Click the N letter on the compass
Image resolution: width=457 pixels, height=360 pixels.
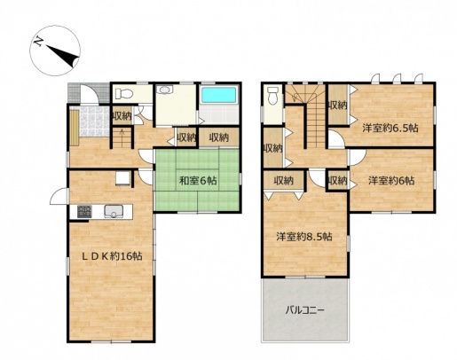coord(38,42)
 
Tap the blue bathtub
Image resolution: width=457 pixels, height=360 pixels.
coord(219,95)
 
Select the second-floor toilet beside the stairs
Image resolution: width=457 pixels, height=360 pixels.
coord(272,96)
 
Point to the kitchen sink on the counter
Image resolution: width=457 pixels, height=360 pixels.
coord(114,211)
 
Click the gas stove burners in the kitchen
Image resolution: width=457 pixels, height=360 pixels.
coord(84,212)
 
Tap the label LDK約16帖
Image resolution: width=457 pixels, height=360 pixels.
coord(112,256)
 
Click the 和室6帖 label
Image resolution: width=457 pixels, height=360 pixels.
coord(198,180)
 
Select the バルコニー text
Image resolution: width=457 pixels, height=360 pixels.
coord(304,310)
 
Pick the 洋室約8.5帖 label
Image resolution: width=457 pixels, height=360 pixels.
coord(303,237)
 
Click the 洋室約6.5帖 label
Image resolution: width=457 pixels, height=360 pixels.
coord(390,128)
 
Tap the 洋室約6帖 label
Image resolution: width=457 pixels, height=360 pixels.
coord(390,180)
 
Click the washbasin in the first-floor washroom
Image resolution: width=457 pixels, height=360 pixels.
coord(163,90)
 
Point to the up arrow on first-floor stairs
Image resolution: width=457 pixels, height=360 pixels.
coord(122,136)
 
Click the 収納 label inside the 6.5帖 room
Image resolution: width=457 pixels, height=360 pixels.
coord(337,106)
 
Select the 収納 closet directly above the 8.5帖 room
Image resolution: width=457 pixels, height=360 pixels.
coord(283,181)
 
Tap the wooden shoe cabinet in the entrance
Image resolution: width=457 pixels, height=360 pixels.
coord(75,128)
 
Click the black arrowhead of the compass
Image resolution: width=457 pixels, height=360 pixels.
coord(63,55)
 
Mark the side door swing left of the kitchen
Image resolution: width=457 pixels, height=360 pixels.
coord(59,196)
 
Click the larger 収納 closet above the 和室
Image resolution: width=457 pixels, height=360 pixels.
coord(219,137)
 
